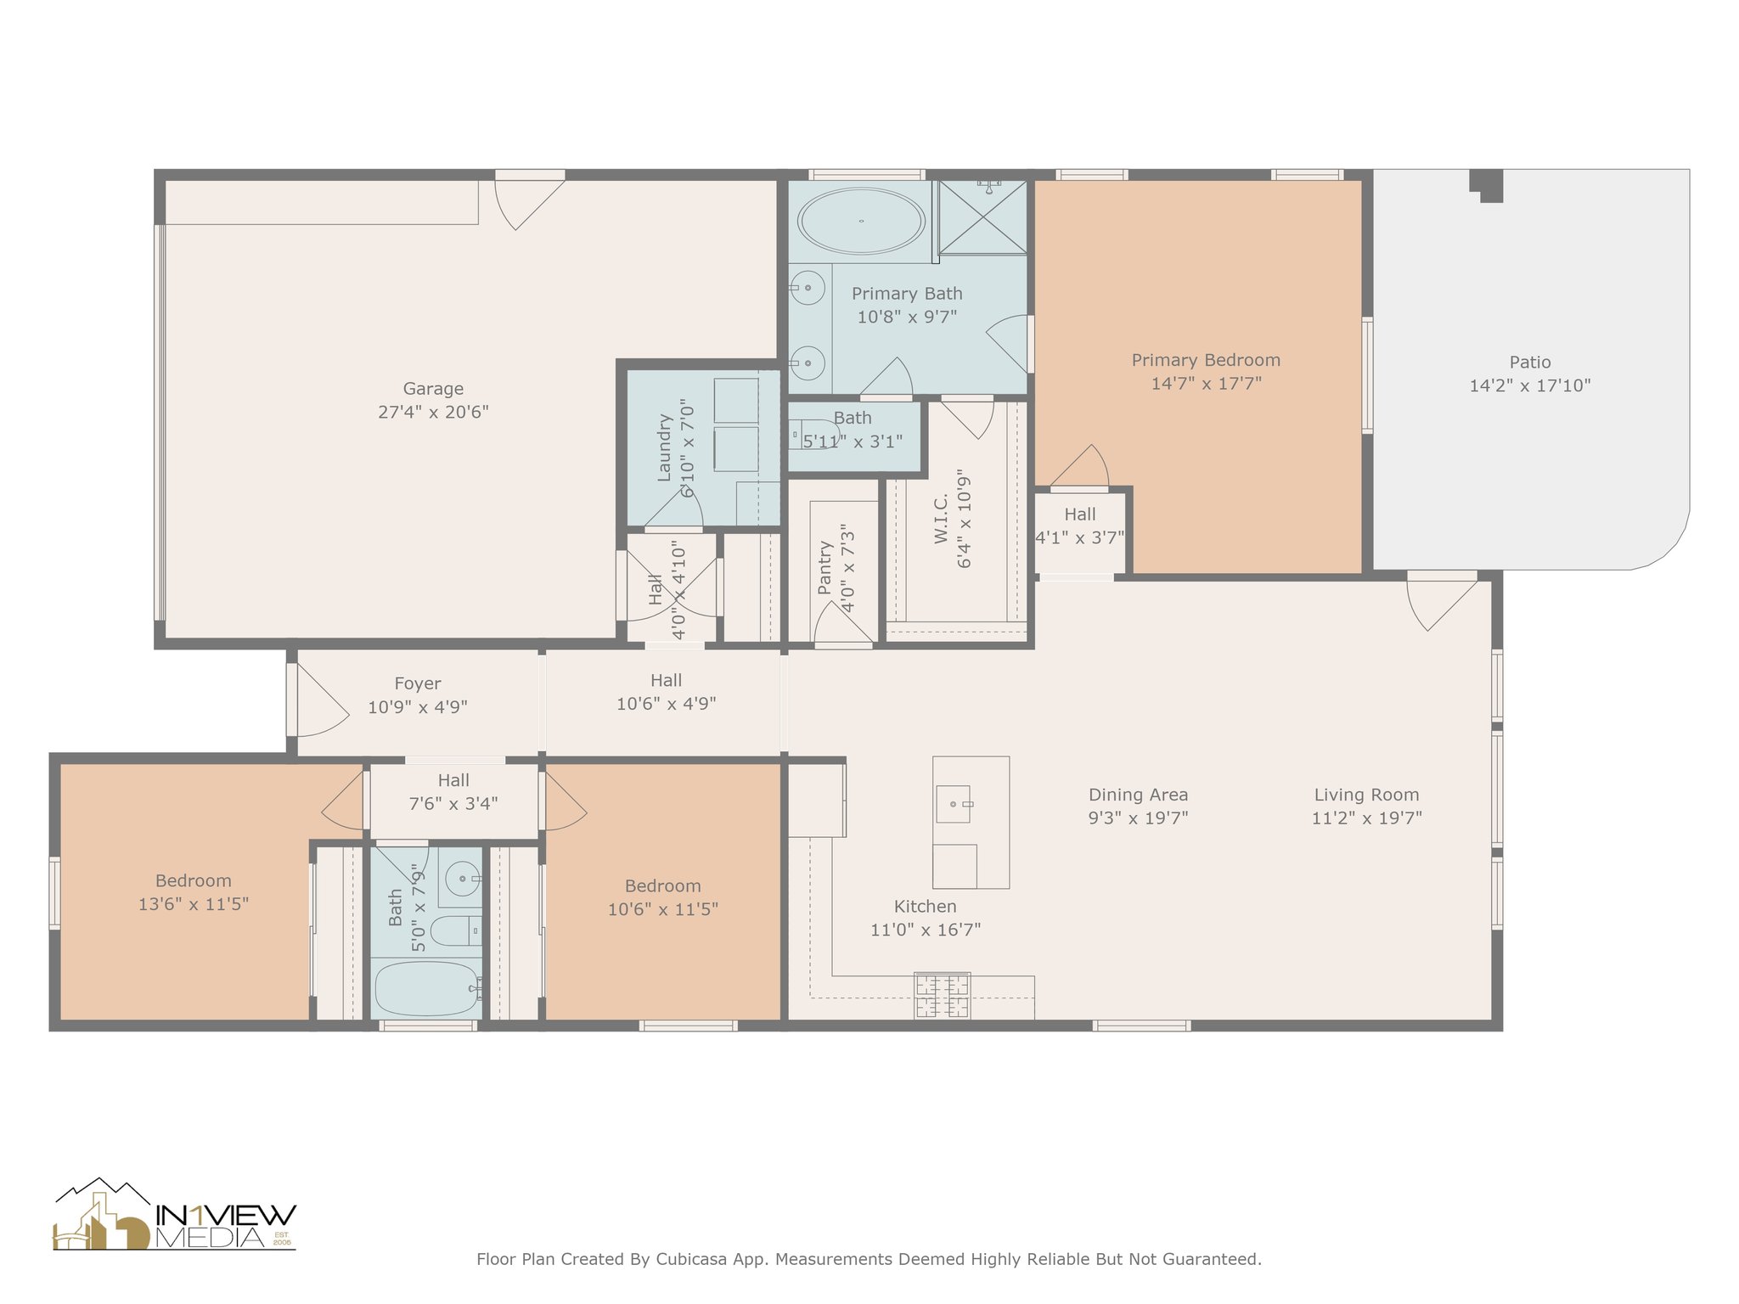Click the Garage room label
(433, 389)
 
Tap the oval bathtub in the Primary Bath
(861, 221)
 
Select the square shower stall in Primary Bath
(982, 216)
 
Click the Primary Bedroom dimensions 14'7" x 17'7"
(1206, 384)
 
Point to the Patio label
(1530, 362)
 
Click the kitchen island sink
(954, 804)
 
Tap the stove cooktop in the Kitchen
(942, 996)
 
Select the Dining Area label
(1138, 795)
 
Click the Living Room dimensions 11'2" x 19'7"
(1366, 818)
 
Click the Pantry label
(824, 569)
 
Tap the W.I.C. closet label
(941, 519)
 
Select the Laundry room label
(665, 447)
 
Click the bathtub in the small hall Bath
(428, 988)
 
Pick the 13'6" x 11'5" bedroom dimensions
(194, 905)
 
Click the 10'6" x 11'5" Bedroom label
(662, 886)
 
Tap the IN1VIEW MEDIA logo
(174, 1215)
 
